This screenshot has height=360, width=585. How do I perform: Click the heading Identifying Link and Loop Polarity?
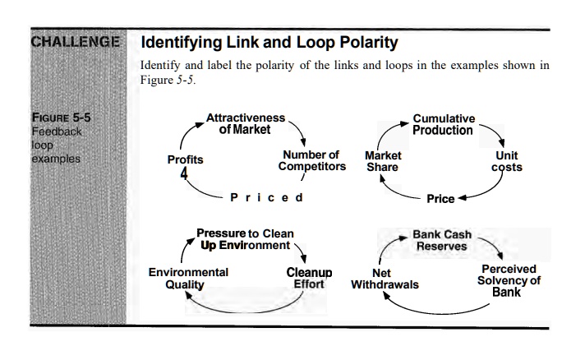tap(269, 42)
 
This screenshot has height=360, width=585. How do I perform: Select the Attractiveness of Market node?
tap(245, 124)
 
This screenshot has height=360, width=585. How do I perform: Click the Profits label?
tap(186, 159)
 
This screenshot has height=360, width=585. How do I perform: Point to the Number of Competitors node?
tap(310, 160)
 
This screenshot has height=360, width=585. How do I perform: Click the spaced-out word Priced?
tap(267, 197)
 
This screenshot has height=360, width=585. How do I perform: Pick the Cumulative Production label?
tap(443, 125)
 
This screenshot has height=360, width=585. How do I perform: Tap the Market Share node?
tap(383, 161)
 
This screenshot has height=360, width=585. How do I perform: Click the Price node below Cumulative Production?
tap(441, 199)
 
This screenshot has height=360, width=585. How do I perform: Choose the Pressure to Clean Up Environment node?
tap(244, 240)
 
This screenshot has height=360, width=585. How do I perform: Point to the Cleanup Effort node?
tap(309, 279)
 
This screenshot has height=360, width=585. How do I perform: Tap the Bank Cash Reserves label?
tap(442, 241)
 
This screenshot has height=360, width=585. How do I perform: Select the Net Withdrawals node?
tap(385, 279)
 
